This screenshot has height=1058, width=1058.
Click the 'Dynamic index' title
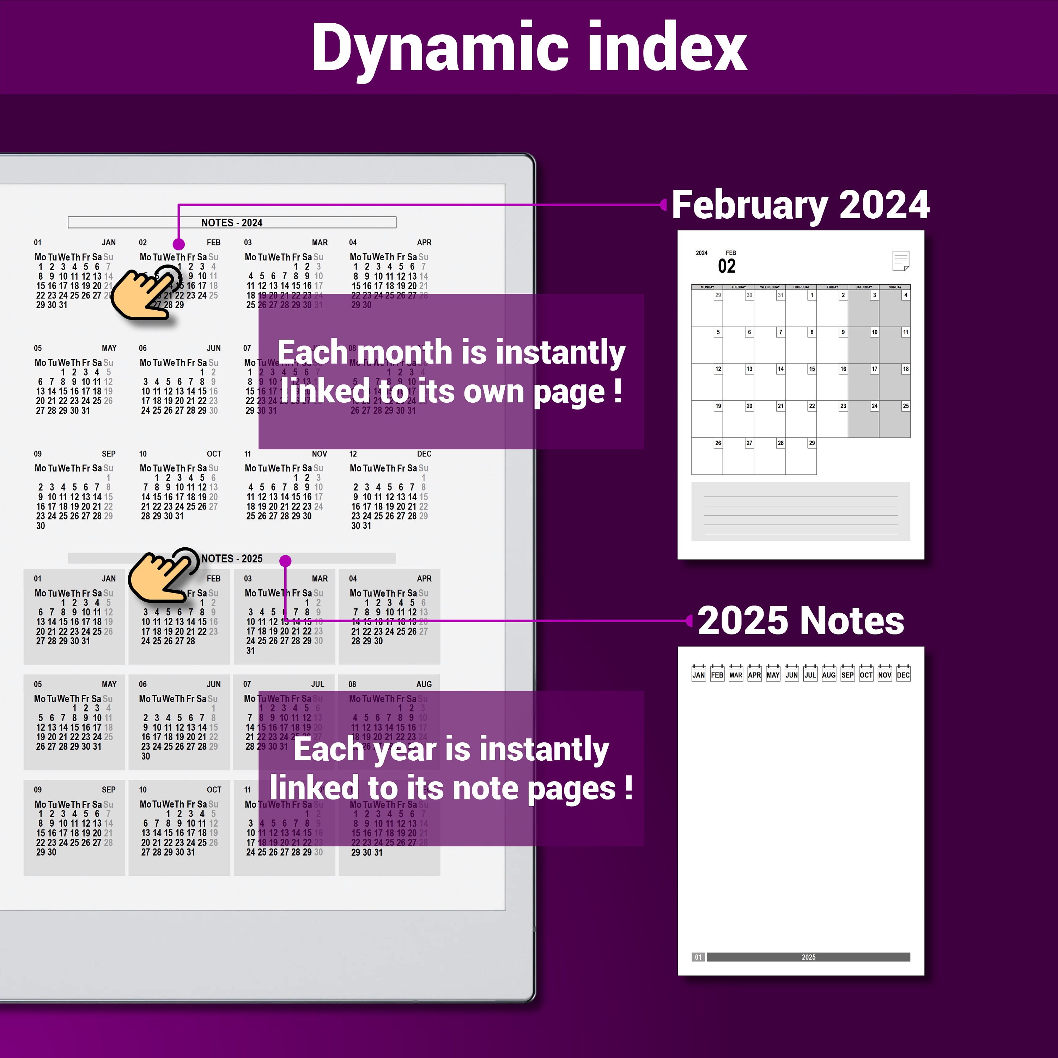(529, 48)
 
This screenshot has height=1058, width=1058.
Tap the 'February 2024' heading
(800, 205)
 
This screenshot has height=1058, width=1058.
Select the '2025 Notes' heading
(800, 621)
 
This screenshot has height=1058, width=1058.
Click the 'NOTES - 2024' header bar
(232, 222)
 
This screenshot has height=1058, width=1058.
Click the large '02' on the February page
(727, 267)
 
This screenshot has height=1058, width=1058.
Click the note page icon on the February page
(900, 261)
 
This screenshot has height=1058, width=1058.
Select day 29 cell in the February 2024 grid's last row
(801, 456)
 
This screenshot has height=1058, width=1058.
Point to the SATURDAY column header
(864, 287)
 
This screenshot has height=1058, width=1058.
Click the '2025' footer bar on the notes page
(808, 957)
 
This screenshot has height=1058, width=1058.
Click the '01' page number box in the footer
(698, 957)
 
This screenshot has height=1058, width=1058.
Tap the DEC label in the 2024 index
(424, 454)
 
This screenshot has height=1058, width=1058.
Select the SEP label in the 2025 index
(108, 790)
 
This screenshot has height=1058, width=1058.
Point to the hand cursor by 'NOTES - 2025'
(163, 574)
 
